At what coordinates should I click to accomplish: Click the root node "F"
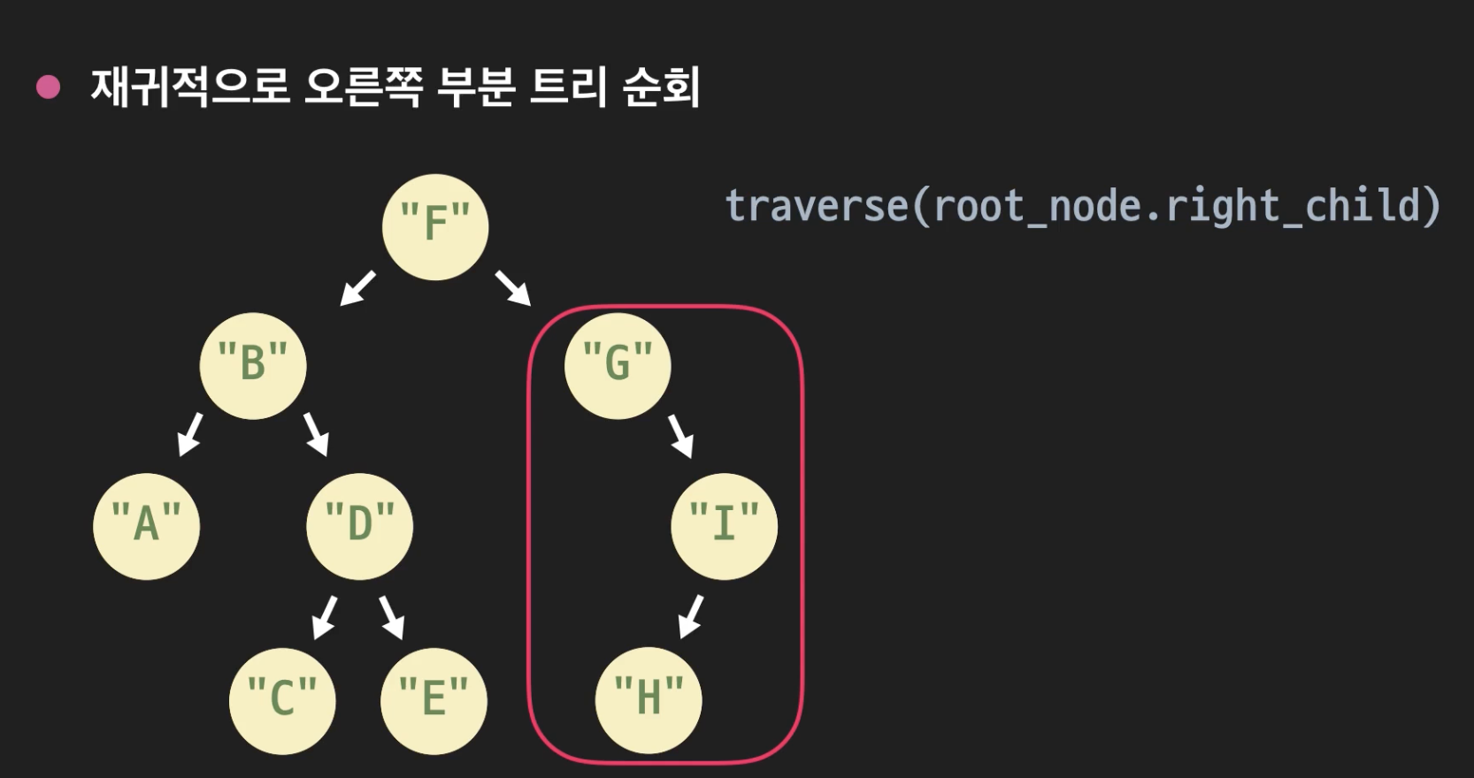click(x=435, y=227)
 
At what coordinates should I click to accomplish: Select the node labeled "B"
click(x=253, y=365)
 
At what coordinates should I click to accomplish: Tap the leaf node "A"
click(x=147, y=526)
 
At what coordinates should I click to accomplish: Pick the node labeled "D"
click(x=359, y=526)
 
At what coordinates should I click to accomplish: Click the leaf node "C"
click(x=282, y=701)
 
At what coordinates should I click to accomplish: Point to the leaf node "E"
click(x=434, y=701)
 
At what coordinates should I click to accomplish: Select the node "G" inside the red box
click(x=618, y=365)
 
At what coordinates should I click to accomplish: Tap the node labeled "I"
click(x=724, y=526)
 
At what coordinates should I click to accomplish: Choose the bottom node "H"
click(x=649, y=699)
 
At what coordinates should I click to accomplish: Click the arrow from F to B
click(x=358, y=288)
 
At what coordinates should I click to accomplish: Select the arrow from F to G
click(x=513, y=288)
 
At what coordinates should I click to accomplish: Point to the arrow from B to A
click(x=190, y=434)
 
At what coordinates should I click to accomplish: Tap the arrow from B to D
click(x=316, y=434)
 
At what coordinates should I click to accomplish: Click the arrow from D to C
click(x=325, y=616)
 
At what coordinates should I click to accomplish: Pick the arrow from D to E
click(x=392, y=616)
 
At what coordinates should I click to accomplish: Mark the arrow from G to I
click(x=680, y=436)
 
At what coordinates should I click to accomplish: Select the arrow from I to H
click(x=691, y=616)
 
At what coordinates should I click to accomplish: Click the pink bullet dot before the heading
click(x=48, y=87)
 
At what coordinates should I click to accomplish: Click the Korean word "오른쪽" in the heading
click(x=363, y=87)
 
